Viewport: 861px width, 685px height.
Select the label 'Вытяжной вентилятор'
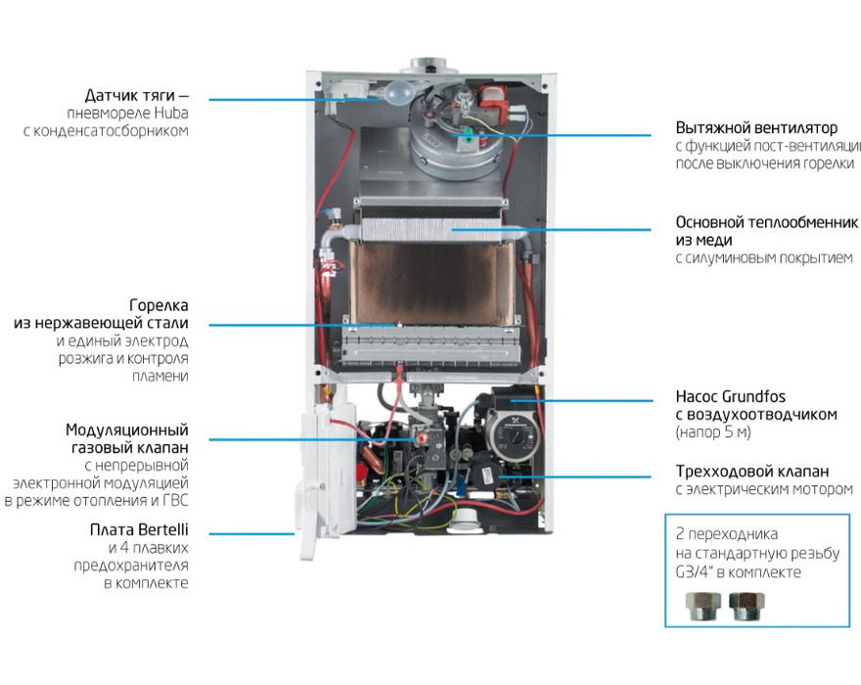(x=756, y=128)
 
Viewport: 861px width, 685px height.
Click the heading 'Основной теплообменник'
(x=766, y=222)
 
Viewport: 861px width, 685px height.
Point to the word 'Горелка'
(x=159, y=305)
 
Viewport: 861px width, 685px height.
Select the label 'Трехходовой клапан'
(x=752, y=472)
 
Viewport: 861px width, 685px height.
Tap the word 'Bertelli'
(x=163, y=530)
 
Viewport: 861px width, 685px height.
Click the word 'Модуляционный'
(x=127, y=431)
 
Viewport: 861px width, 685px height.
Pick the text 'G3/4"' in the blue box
(x=694, y=572)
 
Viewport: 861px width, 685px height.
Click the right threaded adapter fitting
(x=747, y=606)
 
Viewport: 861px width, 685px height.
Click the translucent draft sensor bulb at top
(x=397, y=93)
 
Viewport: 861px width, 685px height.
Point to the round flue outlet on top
(x=429, y=65)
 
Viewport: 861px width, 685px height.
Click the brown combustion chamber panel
(x=431, y=284)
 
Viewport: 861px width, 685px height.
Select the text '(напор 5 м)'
(x=713, y=433)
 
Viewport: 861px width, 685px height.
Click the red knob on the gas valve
(x=422, y=438)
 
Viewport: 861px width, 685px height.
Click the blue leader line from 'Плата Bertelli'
(x=252, y=534)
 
